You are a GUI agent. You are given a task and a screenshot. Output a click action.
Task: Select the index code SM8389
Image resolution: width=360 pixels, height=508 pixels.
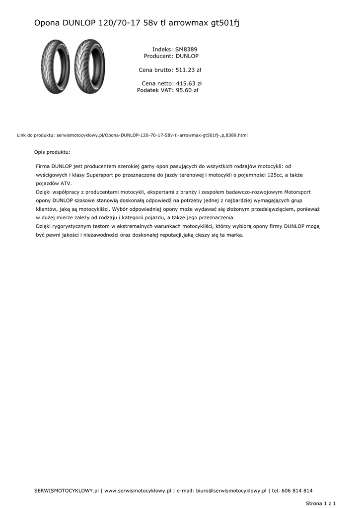tap(186, 50)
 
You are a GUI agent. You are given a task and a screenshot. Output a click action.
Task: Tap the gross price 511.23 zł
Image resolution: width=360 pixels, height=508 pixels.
tap(188, 70)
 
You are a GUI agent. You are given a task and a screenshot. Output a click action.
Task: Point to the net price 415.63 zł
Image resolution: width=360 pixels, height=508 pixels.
tap(189, 84)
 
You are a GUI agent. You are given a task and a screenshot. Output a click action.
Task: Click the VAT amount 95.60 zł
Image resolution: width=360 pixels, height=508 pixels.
tap(187, 90)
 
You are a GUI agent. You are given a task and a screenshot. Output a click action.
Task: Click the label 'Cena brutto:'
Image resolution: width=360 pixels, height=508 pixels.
tap(155, 70)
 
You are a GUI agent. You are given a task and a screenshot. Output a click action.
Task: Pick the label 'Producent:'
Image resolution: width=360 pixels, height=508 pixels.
tap(158, 57)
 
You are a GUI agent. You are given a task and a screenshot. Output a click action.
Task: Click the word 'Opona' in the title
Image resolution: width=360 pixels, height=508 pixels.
tap(47, 23)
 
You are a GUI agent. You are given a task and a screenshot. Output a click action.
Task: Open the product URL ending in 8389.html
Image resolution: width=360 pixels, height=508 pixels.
tap(152, 135)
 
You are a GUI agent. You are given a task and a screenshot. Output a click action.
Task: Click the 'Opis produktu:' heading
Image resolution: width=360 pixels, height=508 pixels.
tap(52, 152)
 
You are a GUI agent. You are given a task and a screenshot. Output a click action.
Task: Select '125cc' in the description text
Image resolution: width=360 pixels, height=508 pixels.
tap(268, 175)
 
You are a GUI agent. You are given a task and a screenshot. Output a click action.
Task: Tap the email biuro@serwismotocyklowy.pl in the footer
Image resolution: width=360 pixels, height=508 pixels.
tap(231, 491)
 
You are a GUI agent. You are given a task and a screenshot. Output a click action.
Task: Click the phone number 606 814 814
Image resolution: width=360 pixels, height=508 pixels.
tap(297, 491)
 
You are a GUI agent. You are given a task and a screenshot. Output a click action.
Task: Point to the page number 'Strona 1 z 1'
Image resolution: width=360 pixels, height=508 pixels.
tap(321, 503)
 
